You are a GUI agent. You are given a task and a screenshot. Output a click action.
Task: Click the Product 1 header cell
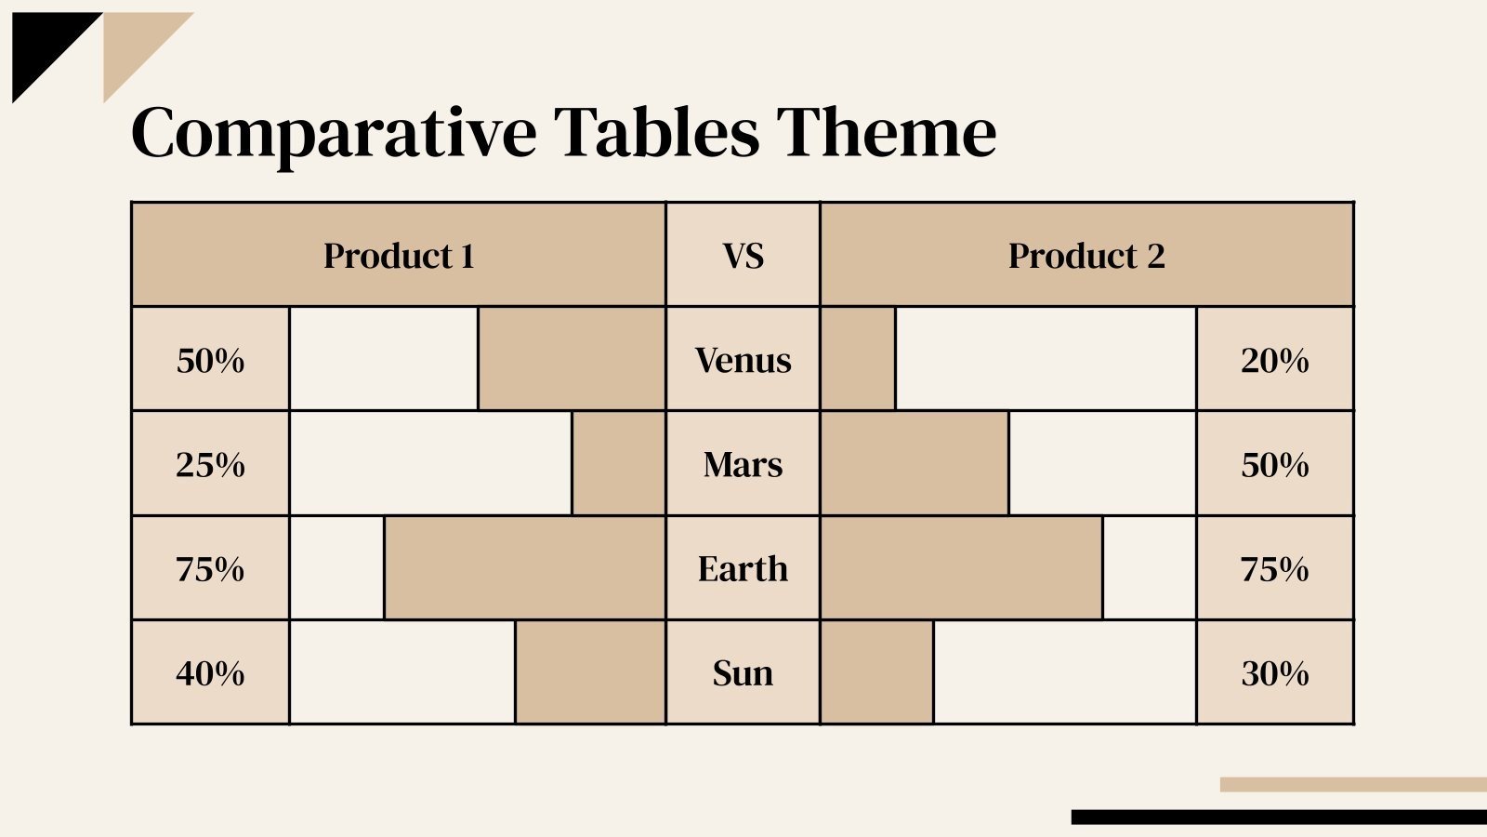point(399,255)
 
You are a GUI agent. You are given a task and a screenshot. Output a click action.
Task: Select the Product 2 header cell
point(1086,255)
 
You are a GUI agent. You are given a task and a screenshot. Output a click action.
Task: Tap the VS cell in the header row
point(743,255)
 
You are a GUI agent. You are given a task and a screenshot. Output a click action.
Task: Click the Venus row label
point(743,360)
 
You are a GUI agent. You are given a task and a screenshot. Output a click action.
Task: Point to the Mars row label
point(743,464)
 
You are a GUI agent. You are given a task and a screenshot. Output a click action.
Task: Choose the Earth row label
point(743,568)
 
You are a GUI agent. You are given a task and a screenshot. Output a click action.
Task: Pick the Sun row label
point(743,672)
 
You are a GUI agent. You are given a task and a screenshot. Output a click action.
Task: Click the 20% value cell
point(1274,360)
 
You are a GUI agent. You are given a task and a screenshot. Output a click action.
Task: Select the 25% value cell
point(210,464)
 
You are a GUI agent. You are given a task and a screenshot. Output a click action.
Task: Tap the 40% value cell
point(210,672)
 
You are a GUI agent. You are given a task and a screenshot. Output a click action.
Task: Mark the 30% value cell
point(1274,672)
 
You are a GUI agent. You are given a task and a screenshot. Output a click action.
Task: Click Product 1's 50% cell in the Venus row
point(210,360)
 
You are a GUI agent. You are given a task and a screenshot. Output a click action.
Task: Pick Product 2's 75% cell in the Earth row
point(1274,568)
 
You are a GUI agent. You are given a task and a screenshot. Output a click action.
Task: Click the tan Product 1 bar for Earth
point(525,568)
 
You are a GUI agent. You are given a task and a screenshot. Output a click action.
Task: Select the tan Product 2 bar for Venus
point(858,360)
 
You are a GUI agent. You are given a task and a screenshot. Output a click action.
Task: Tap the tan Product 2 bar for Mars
point(915,464)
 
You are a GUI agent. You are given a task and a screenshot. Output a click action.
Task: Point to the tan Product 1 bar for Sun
point(590,672)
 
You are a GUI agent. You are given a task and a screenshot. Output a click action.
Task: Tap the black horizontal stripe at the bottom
point(1278,817)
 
